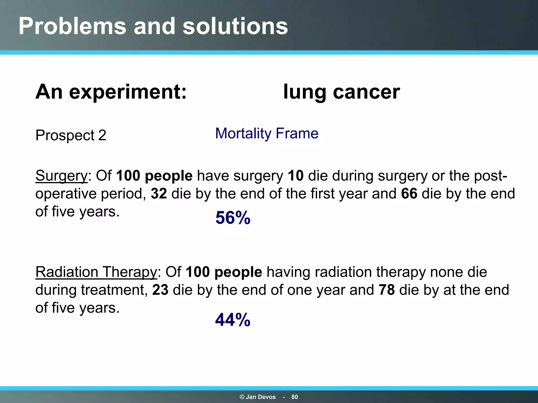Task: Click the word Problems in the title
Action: [x=72, y=26]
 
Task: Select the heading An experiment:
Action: [x=111, y=92]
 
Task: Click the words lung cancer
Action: [x=342, y=92]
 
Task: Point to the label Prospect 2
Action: [x=71, y=135]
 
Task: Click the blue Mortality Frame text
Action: [x=267, y=133]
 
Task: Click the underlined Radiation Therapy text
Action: [x=96, y=272]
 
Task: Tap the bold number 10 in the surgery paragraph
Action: [x=296, y=176]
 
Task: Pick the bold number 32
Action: [x=159, y=194]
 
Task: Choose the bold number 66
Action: [x=409, y=194]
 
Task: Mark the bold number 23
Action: [x=160, y=290]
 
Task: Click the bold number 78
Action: [x=387, y=290]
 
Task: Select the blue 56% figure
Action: [x=233, y=218]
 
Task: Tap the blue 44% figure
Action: [x=233, y=320]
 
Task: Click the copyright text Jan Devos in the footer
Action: [x=258, y=397]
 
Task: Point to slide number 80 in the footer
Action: [x=294, y=397]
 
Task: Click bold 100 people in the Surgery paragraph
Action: [x=154, y=176]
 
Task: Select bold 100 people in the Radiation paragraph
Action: [x=224, y=272]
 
